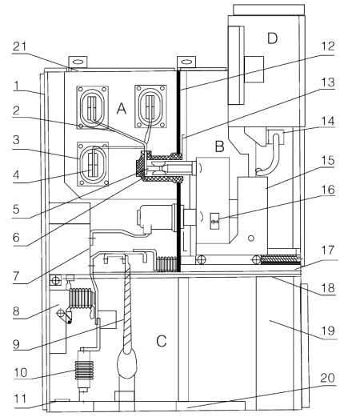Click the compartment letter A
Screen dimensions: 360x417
(122, 109)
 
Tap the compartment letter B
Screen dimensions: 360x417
(220, 146)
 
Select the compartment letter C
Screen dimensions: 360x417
(162, 341)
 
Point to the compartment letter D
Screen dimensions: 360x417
(272, 38)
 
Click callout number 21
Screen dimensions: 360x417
(20, 46)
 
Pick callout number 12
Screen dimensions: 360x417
(328, 46)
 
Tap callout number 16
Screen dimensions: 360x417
(328, 190)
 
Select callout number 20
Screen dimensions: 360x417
(328, 378)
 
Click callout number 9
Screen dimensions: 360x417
(16, 344)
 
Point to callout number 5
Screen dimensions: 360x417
(16, 209)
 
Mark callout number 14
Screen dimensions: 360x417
(328, 121)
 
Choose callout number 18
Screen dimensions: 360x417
(328, 288)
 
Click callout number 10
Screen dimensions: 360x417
(21, 372)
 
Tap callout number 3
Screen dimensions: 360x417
(16, 140)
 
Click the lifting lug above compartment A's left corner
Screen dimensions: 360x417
(78, 62)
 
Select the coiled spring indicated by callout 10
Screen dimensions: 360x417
(84, 370)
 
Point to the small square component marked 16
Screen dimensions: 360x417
(215, 221)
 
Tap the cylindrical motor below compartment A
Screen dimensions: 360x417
(158, 218)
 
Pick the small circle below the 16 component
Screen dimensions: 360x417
(251, 238)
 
